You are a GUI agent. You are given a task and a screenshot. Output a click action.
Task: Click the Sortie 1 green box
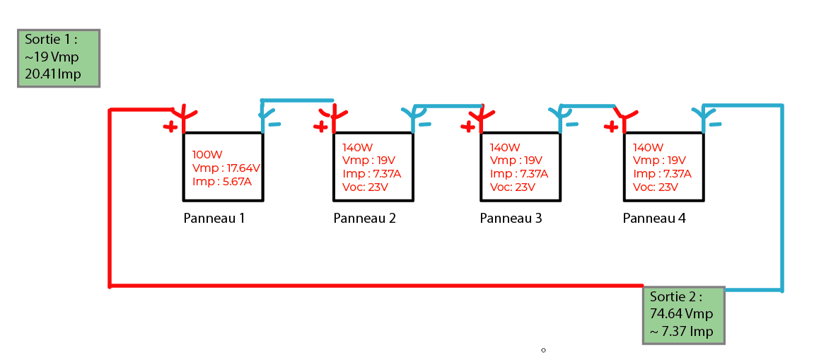click(x=58, y=58)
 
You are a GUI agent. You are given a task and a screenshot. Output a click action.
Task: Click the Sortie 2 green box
click(x=683, y=315)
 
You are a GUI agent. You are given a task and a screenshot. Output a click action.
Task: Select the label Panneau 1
click(x=214, y=219)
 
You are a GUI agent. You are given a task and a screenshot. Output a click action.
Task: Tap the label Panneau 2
click(x=364, y=219)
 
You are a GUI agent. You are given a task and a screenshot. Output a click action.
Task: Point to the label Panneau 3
click(x=511, y=219)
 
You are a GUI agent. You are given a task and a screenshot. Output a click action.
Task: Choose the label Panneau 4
click(x=654, y=219)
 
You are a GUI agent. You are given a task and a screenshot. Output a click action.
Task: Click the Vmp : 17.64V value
click(x=226, y=168)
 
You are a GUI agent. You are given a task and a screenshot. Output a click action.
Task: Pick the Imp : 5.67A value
click(x=221, y=181)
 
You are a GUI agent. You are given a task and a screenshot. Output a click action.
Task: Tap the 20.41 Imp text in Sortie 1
click(x=53, y=74)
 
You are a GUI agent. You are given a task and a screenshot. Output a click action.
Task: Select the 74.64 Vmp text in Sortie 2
click(x=681, y=314)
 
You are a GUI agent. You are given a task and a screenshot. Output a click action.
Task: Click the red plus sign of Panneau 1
click(x=170, y=127)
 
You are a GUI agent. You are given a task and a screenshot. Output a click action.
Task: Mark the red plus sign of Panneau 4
click(x=612, y=127)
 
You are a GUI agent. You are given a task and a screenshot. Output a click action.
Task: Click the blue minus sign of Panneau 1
click(x=274, y=124)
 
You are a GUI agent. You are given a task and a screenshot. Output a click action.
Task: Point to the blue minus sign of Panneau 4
click(x=715, y=124)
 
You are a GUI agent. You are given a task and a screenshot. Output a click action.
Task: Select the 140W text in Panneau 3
click(x=504, y=148)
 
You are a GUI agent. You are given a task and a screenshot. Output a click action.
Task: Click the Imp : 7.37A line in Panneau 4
click(x=662, y=174)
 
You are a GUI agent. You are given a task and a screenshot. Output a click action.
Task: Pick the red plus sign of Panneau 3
click(x=467, y=127)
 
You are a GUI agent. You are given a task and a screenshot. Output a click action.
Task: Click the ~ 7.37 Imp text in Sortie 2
click(x=682, y=331)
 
